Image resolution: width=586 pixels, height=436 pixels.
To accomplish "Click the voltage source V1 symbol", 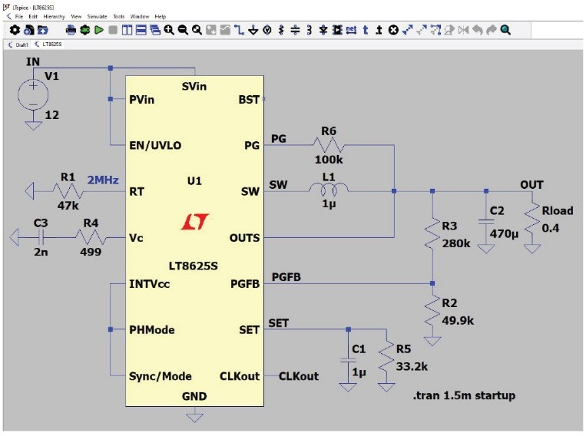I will pos(32,95).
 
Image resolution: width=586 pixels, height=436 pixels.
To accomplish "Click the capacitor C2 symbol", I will pos(485,222).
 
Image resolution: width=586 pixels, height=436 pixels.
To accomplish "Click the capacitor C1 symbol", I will pos(348,360).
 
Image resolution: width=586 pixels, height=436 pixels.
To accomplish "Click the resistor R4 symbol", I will pos(91,237).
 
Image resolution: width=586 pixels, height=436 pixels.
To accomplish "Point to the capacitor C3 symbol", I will pos(41,237).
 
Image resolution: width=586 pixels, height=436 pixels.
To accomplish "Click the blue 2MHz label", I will pos(102,180).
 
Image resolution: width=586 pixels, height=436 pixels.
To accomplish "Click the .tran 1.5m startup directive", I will pos(462,396).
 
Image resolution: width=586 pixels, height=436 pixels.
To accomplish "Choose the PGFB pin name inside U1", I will pos(245,284).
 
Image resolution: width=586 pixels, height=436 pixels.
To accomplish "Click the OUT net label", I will pos(531,184).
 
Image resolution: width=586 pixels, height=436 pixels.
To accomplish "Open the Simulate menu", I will pos(97,16).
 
